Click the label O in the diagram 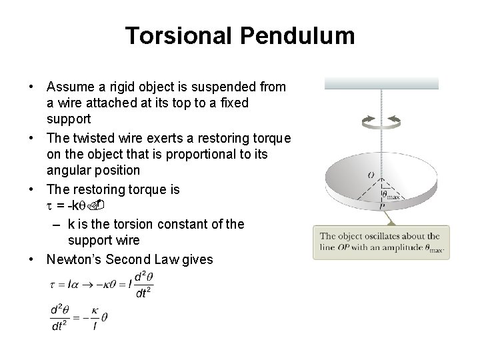(371, 175)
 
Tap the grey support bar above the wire (381, 83)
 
